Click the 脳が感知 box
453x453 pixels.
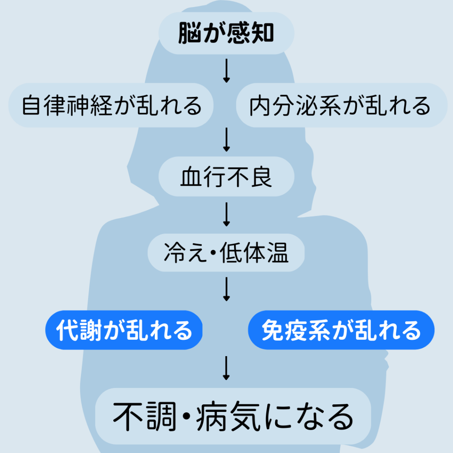226,34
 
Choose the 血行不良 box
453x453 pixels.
226,177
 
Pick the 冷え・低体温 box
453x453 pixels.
226,253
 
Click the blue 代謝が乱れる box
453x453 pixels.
124,330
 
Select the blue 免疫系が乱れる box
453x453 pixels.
341,330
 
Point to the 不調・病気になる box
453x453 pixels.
233,416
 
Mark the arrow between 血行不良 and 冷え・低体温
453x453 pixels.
226,215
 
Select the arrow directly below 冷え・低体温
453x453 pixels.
226,289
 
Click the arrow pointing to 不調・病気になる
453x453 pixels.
226,368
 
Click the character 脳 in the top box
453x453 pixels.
188,34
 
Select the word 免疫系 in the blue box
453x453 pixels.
292,330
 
